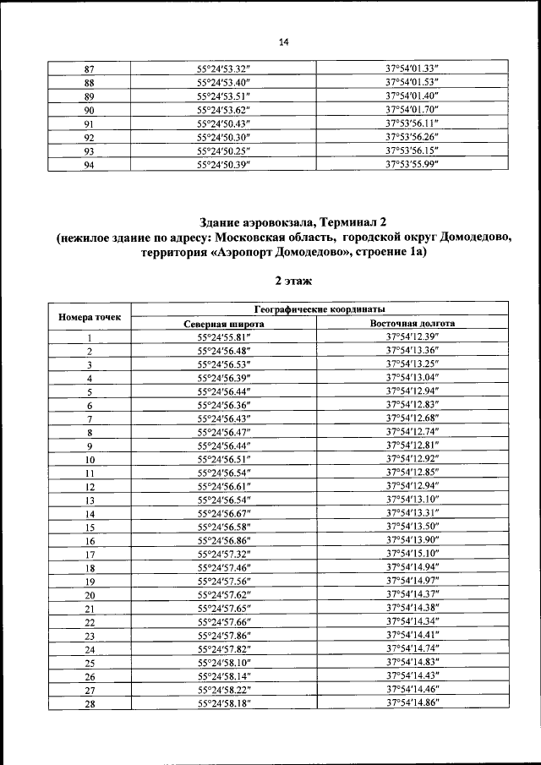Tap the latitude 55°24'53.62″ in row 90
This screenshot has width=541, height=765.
pos(224,109)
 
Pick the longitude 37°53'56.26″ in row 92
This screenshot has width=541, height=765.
pos(412,137)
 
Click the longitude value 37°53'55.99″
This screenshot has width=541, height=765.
pos(412,164)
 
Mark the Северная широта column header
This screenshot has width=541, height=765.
pos(224,324)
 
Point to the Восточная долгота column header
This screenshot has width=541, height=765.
pos(413,324)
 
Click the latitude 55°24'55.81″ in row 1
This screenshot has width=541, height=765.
pos(224,337)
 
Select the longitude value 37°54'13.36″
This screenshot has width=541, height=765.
pos(412,351)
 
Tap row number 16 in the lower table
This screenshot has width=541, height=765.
pos(89,540)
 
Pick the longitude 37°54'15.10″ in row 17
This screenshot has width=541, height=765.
pos(412,554)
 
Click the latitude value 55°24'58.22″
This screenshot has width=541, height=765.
pos(224,689)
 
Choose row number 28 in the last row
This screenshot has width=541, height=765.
pos(89,702)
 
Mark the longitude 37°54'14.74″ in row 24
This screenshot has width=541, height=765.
pos(412,648)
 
